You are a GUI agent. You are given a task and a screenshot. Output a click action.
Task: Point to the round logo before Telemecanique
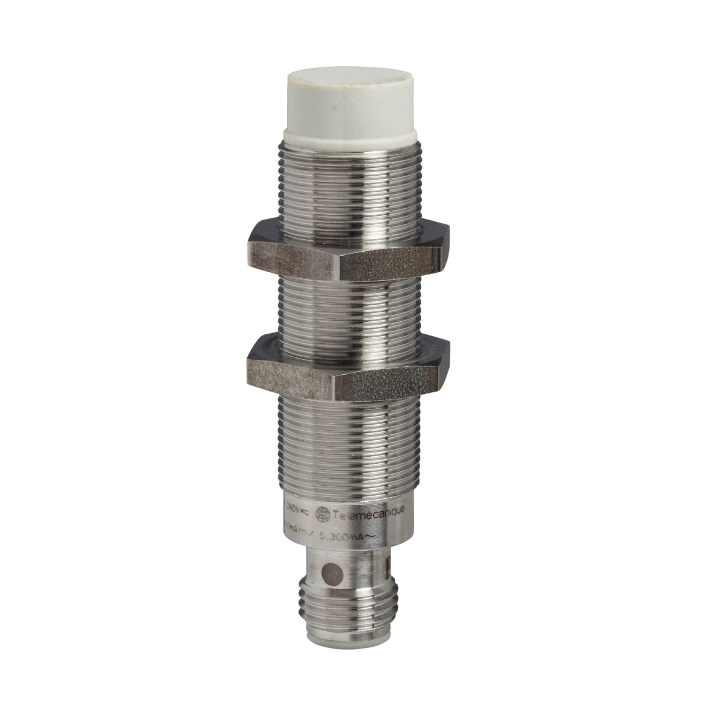tap(322, 514)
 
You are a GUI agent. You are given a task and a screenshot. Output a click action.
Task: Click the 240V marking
tap(295, 508)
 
